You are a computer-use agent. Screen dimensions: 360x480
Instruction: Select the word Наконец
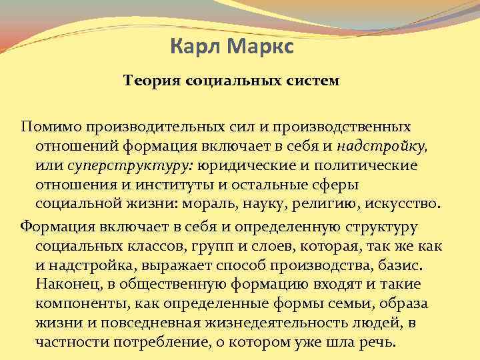click(x=67, y=284)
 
